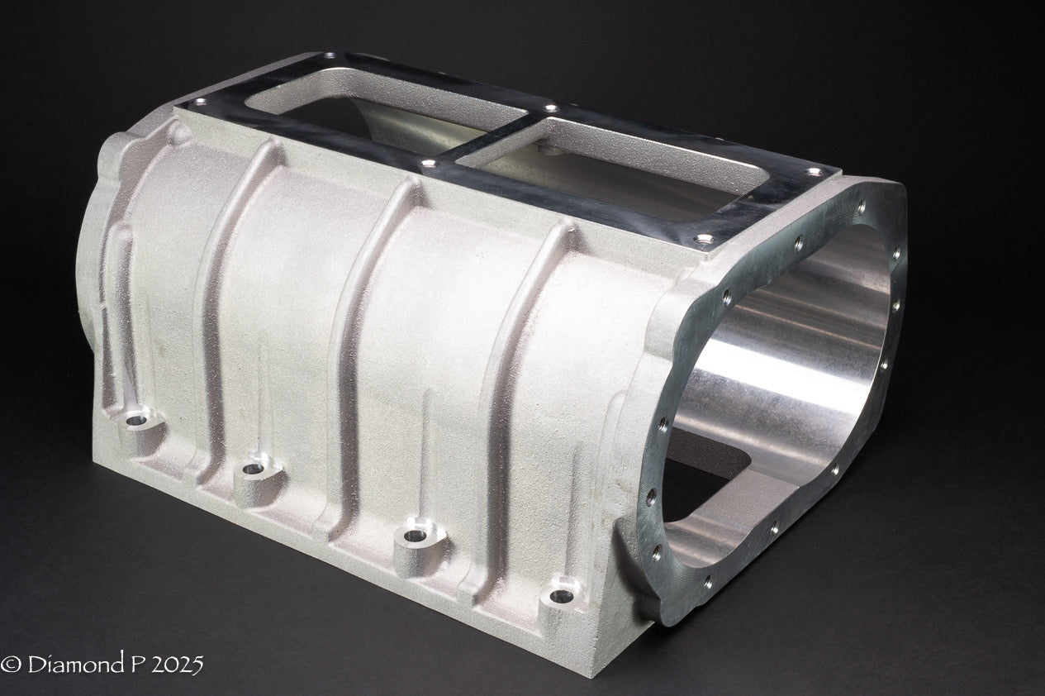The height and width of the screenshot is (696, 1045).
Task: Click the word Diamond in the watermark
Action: click(x=70, y=664)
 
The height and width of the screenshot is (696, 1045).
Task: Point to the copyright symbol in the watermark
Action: click(x=11, y=665)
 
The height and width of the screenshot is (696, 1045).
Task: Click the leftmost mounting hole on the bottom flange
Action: click(x=137, y=420)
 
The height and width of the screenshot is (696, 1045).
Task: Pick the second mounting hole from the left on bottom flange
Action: click(x=253, y=469)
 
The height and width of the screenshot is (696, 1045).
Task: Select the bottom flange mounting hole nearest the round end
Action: click(x=564, y=593)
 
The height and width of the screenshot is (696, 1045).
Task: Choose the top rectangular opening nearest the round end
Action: click(x=628, y=161)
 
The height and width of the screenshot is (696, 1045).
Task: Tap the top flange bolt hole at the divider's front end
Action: click(x=428, y=163)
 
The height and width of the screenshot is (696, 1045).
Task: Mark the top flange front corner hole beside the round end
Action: click(x=703, y=240)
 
